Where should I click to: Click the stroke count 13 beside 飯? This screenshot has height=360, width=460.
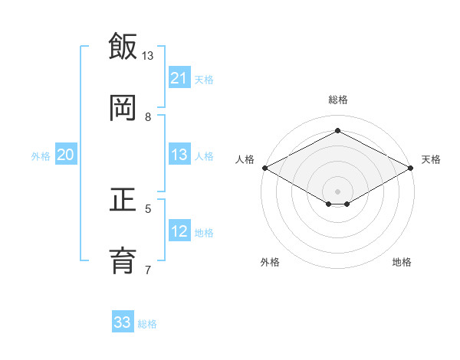coord(148,56)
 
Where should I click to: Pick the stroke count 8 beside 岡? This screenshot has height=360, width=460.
coord(148,117)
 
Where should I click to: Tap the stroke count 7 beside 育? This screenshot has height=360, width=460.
coord(148,270)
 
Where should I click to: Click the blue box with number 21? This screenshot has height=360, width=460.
coord(179,78)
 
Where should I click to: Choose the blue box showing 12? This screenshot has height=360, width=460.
coord(179,231)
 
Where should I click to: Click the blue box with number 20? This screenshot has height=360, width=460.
coord(66,155)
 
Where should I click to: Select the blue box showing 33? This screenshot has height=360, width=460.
coord(123,322)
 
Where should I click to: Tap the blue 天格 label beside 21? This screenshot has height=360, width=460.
coord(204,79)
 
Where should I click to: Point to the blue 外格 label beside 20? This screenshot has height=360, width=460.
coord(41,155)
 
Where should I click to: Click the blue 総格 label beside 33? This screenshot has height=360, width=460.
coord(147,323)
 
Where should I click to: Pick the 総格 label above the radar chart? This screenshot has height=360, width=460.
coord(337,100)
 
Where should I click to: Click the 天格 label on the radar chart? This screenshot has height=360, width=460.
coord(431,159)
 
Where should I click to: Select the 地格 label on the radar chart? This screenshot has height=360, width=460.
coord(402,262)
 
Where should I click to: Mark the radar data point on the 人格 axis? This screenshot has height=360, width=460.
coord(264,168)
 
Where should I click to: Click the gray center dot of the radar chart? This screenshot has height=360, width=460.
coord(337,190)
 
